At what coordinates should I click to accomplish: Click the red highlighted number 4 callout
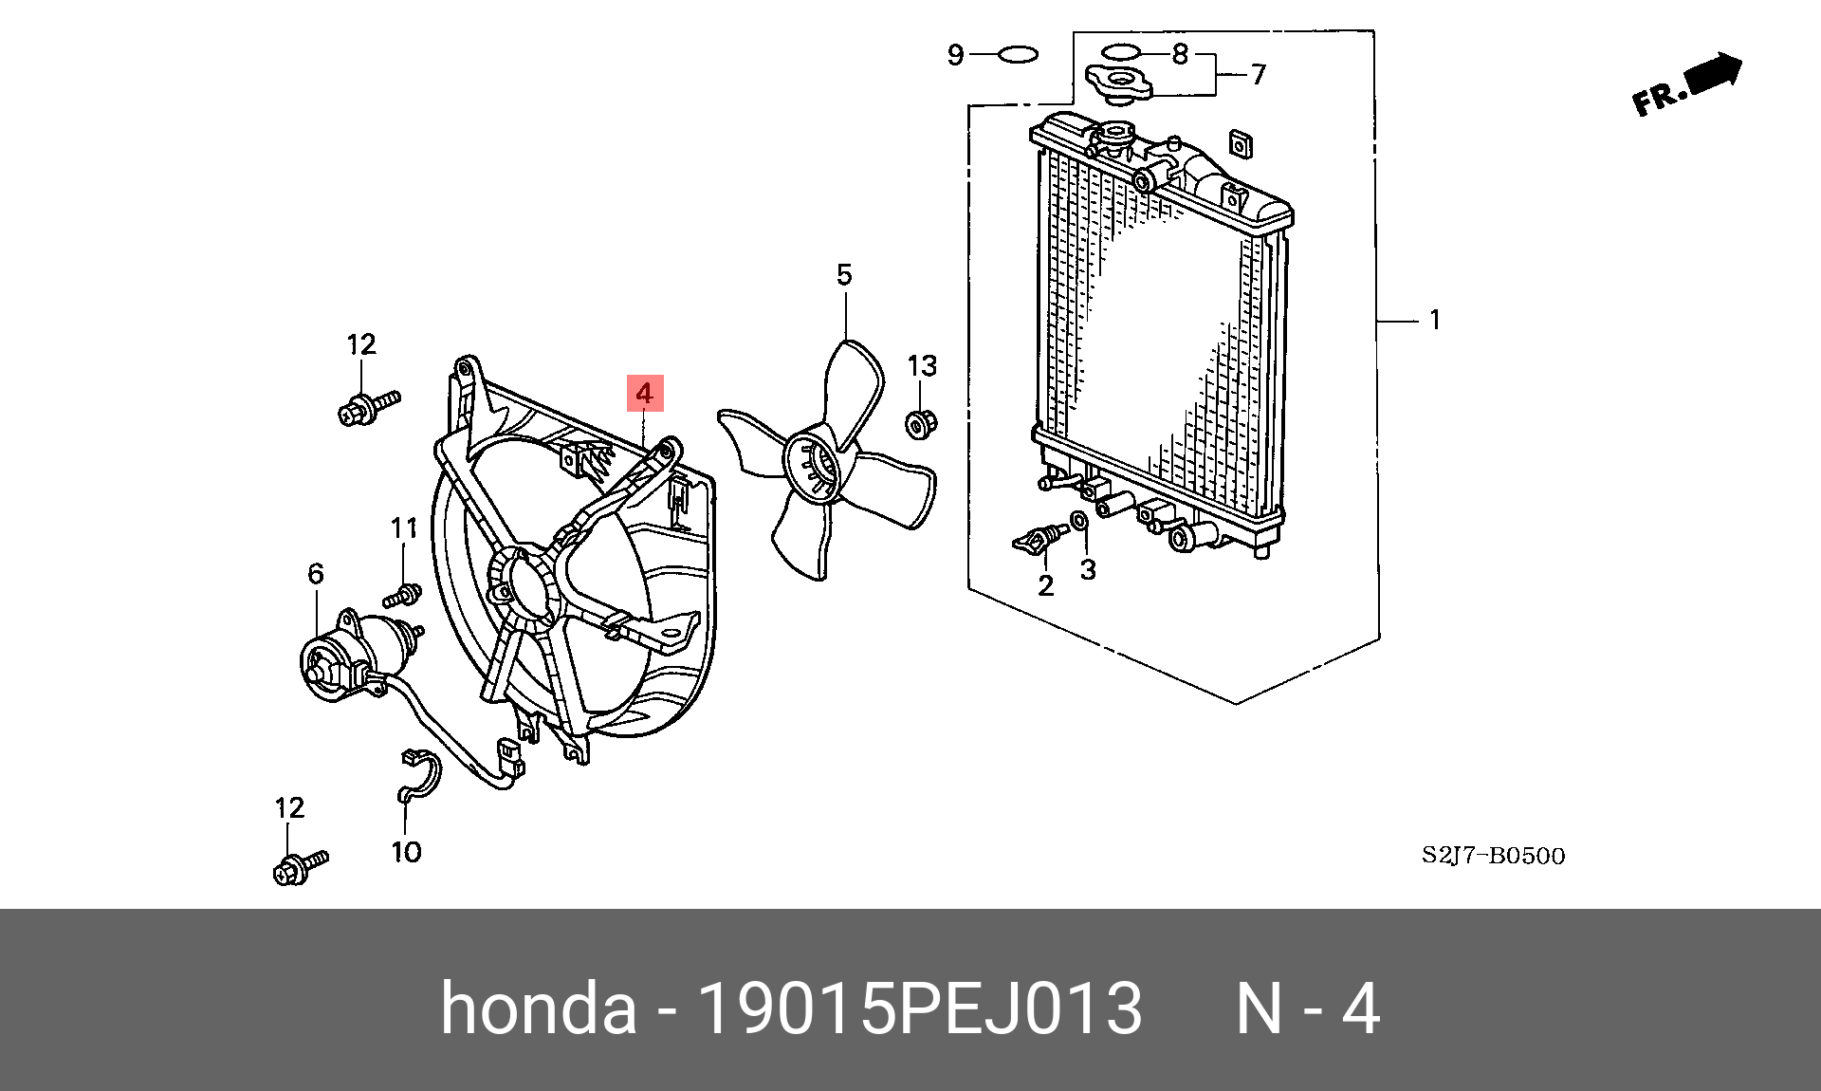644,393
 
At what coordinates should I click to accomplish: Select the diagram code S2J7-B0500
1493,856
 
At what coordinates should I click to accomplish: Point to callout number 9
956,55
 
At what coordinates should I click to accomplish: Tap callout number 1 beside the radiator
1435,321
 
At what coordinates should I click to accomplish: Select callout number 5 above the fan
844,275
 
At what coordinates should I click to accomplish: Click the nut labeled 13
918,423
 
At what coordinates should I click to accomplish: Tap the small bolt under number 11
403,596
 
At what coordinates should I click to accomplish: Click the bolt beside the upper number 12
365,408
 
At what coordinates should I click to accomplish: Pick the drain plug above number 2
1039,541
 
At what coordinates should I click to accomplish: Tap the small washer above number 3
1079,522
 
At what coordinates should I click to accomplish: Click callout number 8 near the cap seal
1180,54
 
